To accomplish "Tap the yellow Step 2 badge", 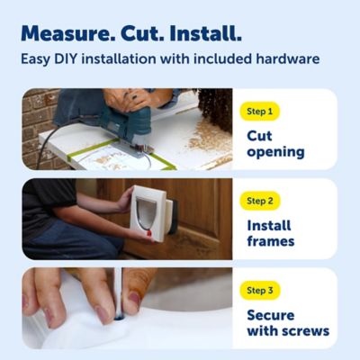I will click(x=264, y=201).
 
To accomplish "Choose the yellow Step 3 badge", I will click(x=264, y=290).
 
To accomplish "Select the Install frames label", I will click(x=271, y=232).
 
